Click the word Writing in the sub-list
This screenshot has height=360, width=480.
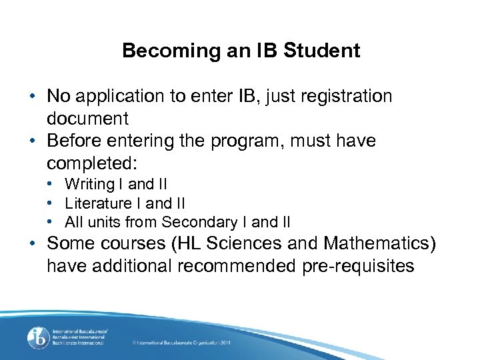[87, 184]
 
